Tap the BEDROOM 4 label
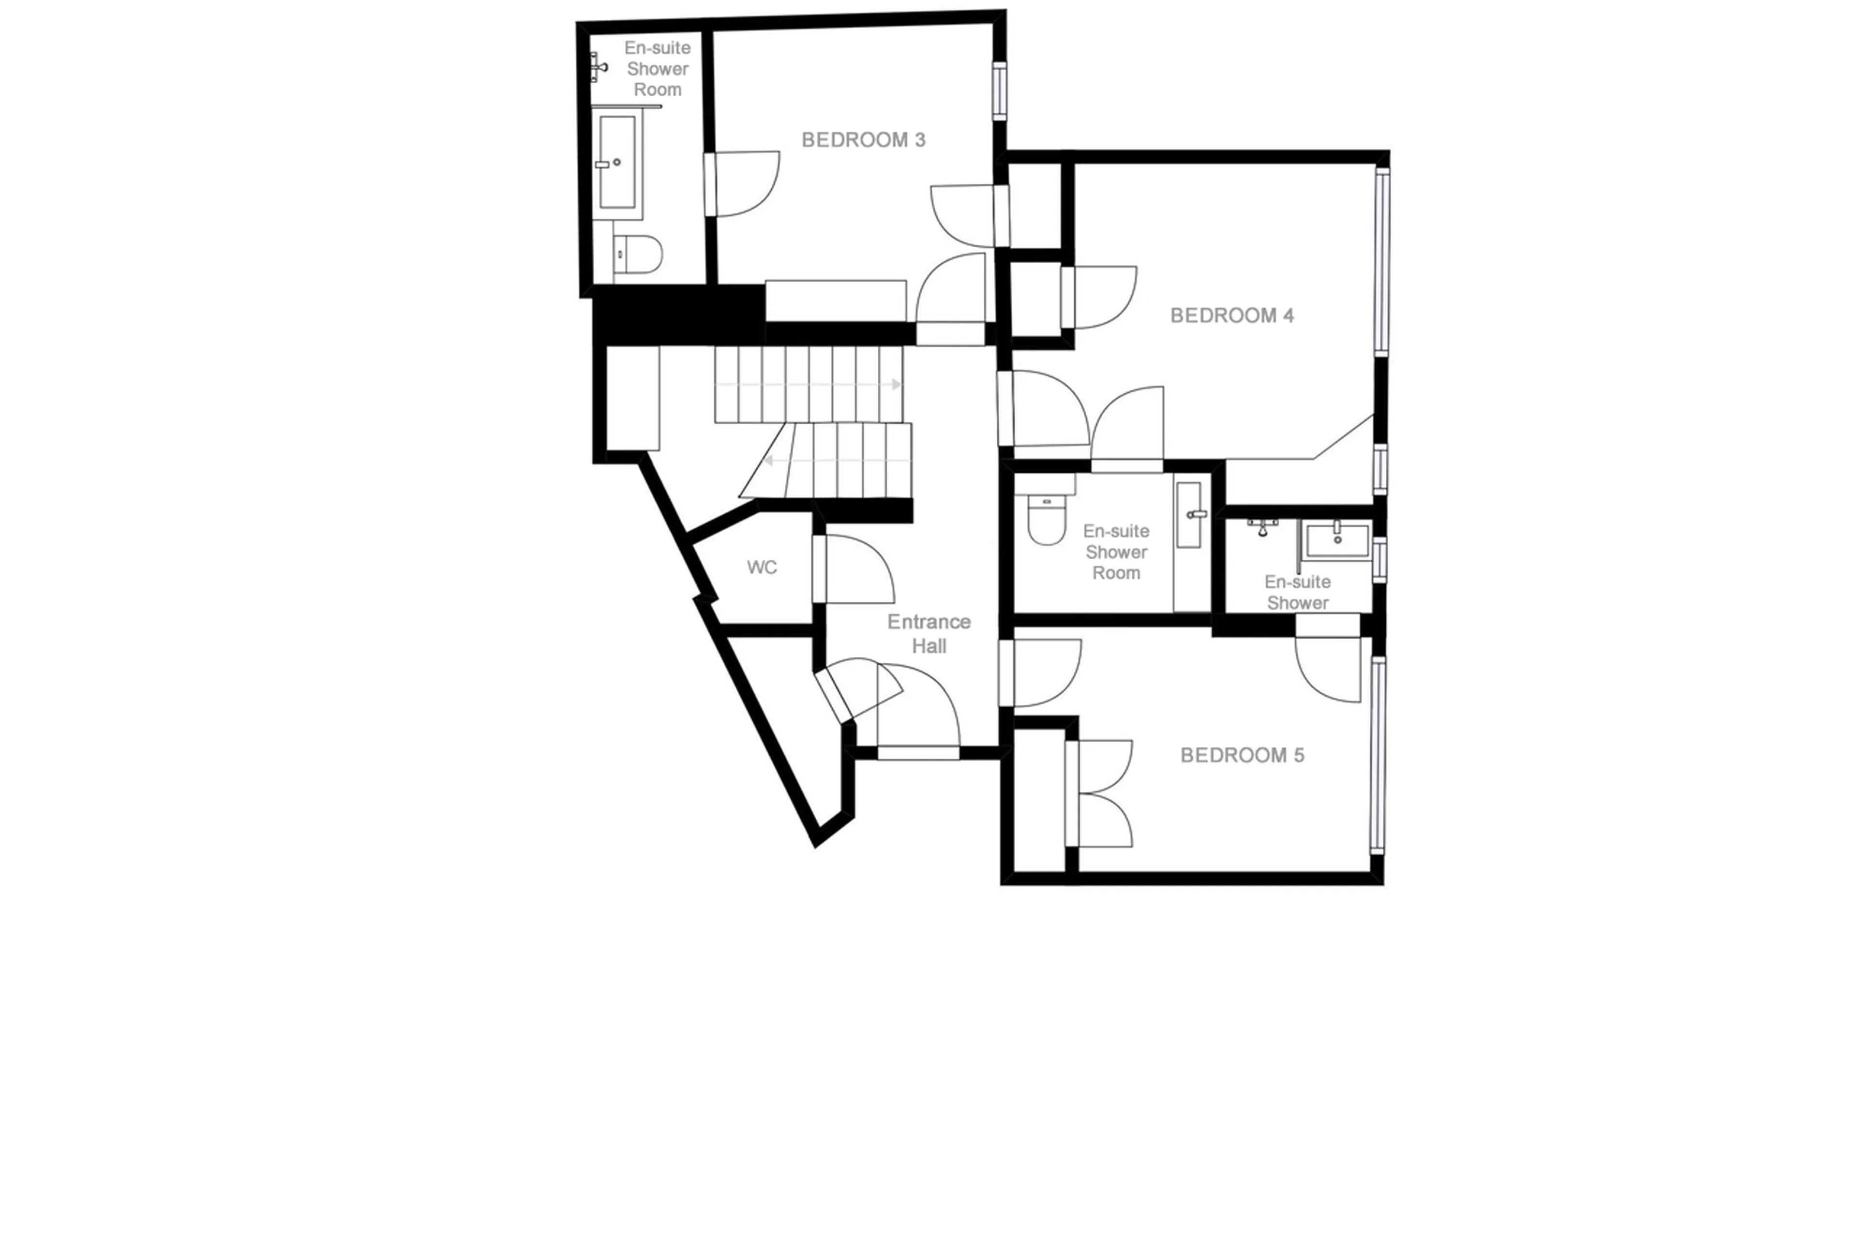(x=1231, y=316)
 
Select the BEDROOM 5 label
(x=1241, y=756)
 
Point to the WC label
(x=761, y=567)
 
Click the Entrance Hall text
(x=929, y=633)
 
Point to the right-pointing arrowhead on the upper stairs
(x=896, y=385)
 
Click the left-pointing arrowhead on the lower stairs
(x=767, y=460)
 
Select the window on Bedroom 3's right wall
(x=999, y=91)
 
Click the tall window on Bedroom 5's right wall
(x=1377, y=754)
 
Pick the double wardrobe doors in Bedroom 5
(x=1102, y=793)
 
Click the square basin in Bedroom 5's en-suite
(x=1337, y=541)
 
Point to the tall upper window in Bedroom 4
(x=1381, y=261)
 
